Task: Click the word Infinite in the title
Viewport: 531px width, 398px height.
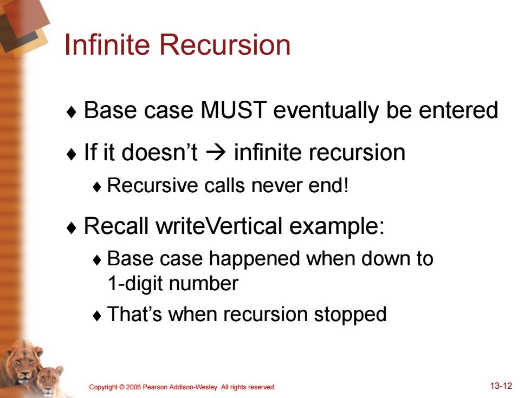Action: [x=107, y=44]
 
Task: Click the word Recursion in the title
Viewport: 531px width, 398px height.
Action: [x=225, y=44]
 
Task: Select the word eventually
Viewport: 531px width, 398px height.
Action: [x=326, y=111]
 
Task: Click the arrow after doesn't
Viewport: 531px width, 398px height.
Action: [x=216, y=153]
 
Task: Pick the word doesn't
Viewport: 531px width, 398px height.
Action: [x=159, y=152]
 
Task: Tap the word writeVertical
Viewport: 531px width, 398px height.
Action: [x=219, y=226]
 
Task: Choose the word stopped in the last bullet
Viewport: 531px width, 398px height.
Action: [x=350, y=315]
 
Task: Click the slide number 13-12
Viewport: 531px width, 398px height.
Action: [x=501, y=386]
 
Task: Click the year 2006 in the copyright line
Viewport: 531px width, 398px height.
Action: [x=133, y=387]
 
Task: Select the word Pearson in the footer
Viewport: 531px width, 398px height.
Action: [x=154, y=387]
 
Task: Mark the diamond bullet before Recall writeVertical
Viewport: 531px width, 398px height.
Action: [x=72, y=228]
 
